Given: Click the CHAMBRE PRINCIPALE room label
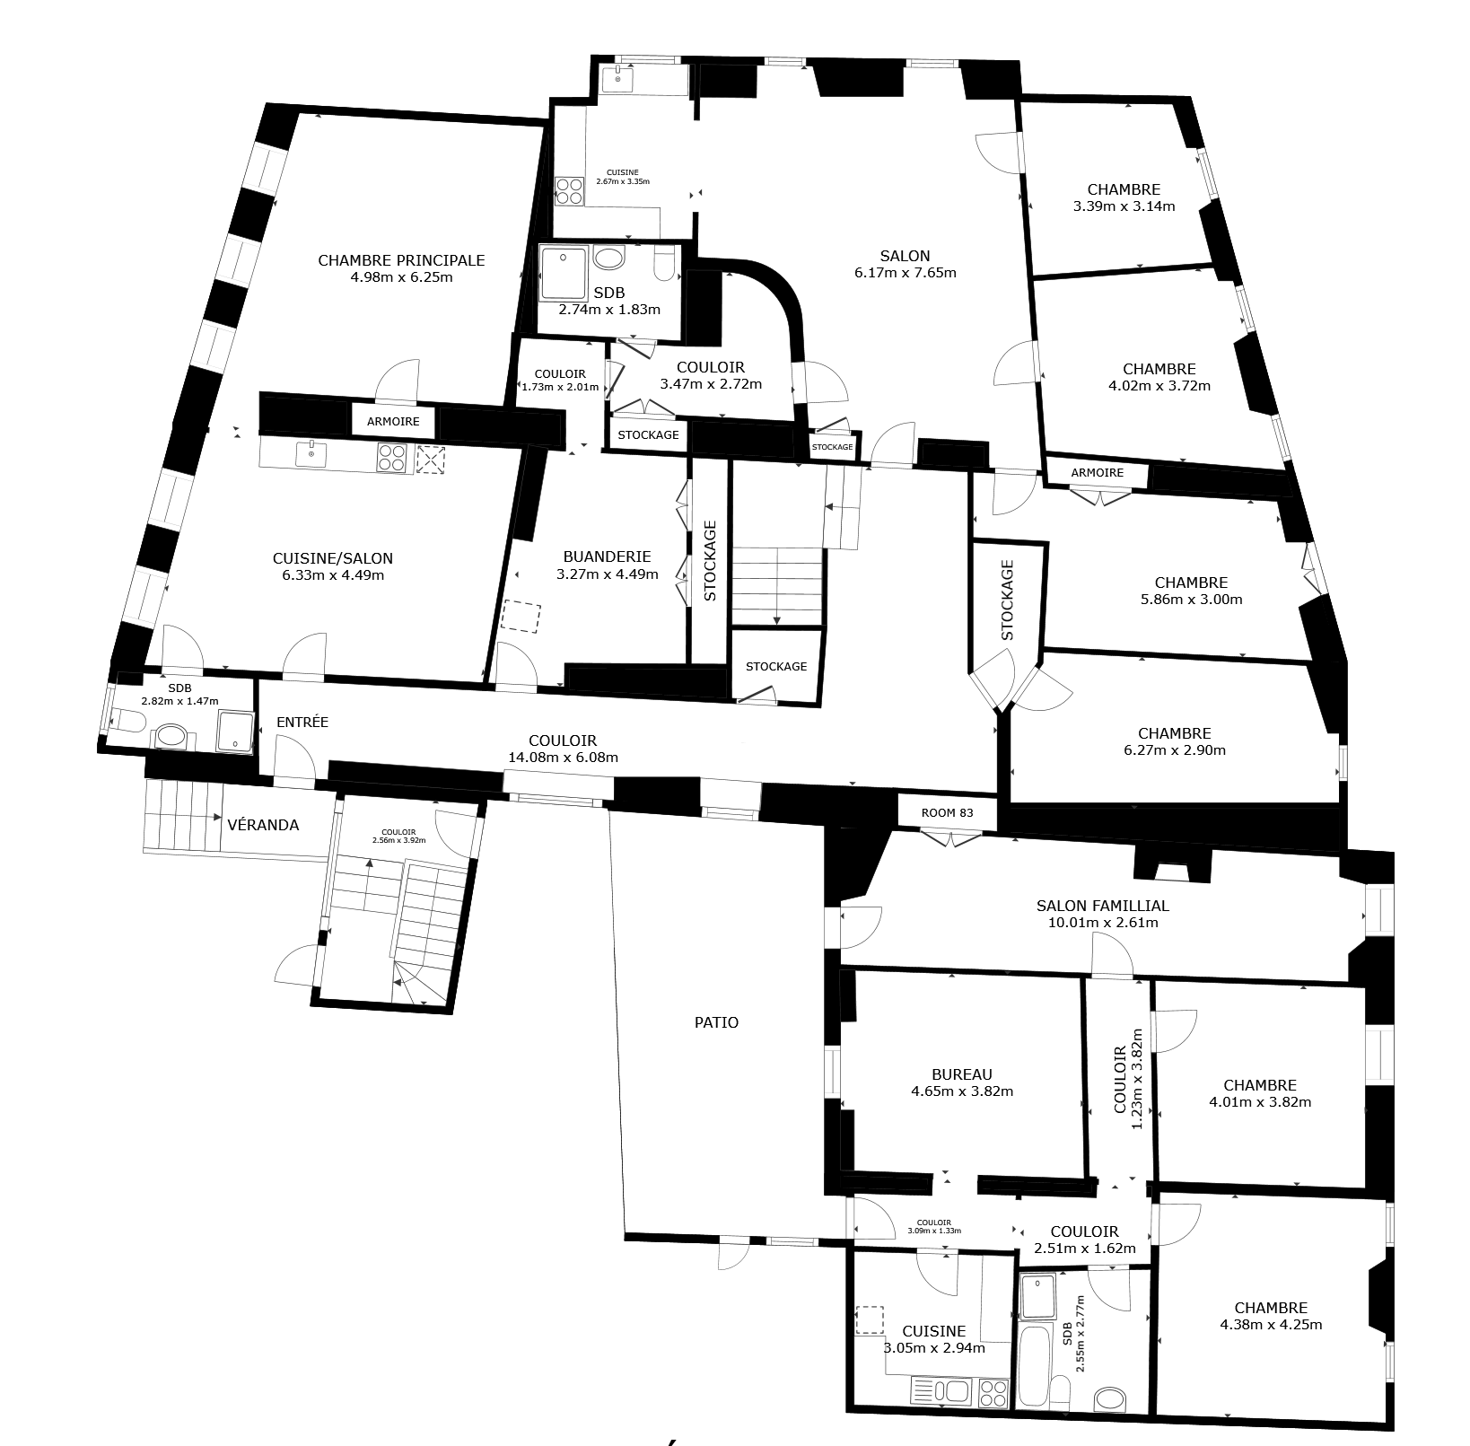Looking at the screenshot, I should coord(401,260).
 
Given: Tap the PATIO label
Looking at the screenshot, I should coord(716,1022).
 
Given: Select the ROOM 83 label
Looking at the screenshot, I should coord(947,812).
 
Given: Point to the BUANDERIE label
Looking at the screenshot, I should coord(607,556).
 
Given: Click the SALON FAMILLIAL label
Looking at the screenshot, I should coord(1102,906).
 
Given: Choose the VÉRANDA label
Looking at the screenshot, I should coord(263,825).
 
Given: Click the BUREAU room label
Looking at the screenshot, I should coord(961,1074).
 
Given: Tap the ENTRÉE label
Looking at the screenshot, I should coord(302,722).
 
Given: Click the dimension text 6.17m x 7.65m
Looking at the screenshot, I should coord(905,273).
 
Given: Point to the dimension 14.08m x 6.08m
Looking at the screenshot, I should coord(563,758).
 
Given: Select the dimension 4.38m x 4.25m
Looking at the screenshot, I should coord(1270,1324).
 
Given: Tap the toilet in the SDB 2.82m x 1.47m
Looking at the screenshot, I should coord(129,720).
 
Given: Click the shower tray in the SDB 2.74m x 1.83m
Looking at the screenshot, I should coord(563,274).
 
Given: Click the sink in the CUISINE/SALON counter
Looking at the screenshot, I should coord(311,453).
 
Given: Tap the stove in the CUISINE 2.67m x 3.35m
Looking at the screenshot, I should coord(568,191).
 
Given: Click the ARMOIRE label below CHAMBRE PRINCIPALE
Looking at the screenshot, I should coord(392,422).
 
